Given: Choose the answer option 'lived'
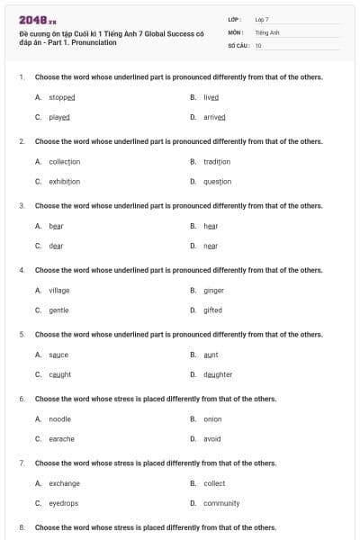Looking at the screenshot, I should [211, 97].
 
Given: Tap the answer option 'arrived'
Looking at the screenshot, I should [214, 117].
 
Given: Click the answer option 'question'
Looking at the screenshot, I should [217, 181].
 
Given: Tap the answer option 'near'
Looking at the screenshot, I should [211, 246].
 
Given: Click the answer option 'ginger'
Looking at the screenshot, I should [213, 290].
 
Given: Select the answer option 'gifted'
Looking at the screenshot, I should [212, 310].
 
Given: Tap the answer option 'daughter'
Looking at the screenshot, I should [218, 374].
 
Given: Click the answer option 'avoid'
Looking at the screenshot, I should [211, 438].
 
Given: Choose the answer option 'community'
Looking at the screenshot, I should [221, 503].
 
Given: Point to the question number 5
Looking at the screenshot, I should [22, 335].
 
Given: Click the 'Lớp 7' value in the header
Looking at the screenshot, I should [262, 19].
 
